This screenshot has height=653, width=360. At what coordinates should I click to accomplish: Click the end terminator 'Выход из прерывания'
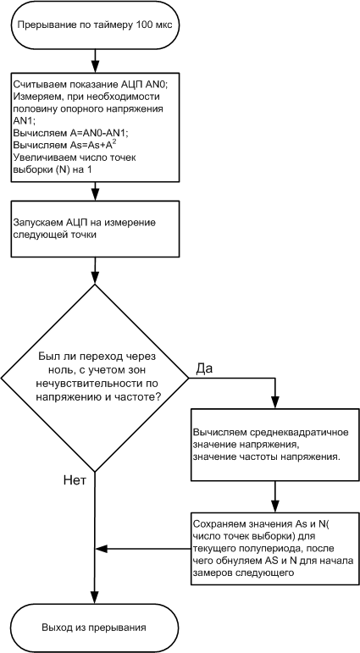click(95, 628)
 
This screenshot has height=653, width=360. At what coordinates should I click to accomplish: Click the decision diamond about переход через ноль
click(95, 377)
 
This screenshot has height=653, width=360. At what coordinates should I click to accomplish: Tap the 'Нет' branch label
click(75, 481)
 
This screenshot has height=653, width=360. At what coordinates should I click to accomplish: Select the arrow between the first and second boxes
click(95, 190)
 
